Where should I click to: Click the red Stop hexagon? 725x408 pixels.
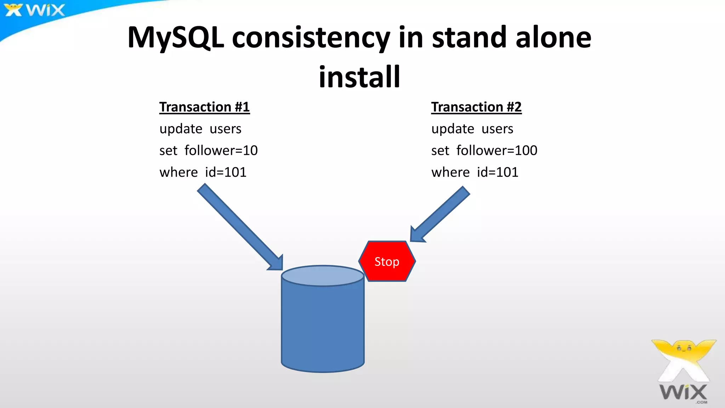pos(387,261)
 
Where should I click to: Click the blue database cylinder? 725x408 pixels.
pos(322,326)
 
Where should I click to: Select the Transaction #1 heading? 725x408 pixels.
pos(204,107)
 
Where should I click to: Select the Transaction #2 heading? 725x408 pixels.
pos(476,107)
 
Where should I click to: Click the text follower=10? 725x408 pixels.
pos(221,151)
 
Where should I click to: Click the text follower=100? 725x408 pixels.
pos(497,151)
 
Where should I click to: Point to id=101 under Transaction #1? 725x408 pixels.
pos(226,172)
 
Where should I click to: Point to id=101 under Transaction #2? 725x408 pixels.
pos(497,172)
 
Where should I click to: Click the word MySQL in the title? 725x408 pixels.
pos(176,38)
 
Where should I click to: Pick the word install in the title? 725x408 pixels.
pos(359,77)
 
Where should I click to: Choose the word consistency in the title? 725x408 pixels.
pos(311,38)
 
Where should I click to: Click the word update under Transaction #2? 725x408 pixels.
pos(452,129)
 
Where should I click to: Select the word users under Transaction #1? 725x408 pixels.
pos(226,129)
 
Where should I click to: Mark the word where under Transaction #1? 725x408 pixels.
pos(178,172)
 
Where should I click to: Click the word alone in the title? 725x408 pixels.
pos(553,38)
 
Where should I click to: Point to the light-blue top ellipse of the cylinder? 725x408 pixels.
pos(322,276)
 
